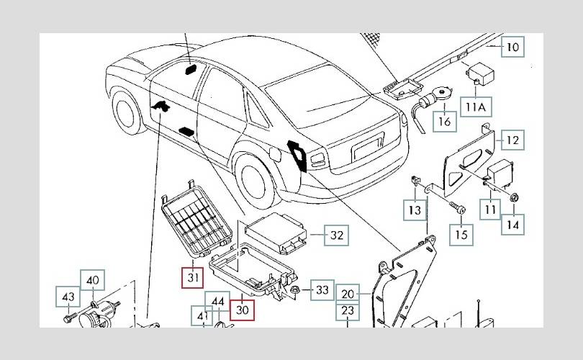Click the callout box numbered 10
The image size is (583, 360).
point(512,48)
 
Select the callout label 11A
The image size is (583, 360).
point(476,108)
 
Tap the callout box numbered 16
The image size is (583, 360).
point(445,122)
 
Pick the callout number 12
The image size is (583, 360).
point(512,140)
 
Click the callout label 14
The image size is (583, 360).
point(512,224)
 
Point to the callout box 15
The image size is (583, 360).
point(461,234)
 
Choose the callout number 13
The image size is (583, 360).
point(414,210)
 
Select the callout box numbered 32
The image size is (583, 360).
point(336,235)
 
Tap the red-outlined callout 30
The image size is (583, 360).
point(243,310)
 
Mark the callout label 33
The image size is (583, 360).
point(322,290)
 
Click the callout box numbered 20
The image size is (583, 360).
point(349,294)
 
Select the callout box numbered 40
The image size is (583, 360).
point(94,280)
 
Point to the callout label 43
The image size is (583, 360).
point(68,297)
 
